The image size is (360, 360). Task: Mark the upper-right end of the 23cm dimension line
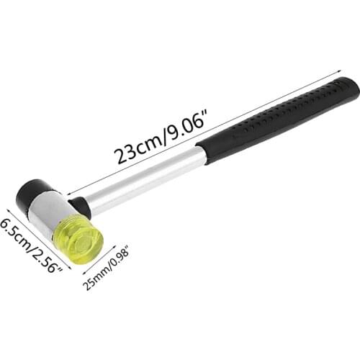point(338,70)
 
